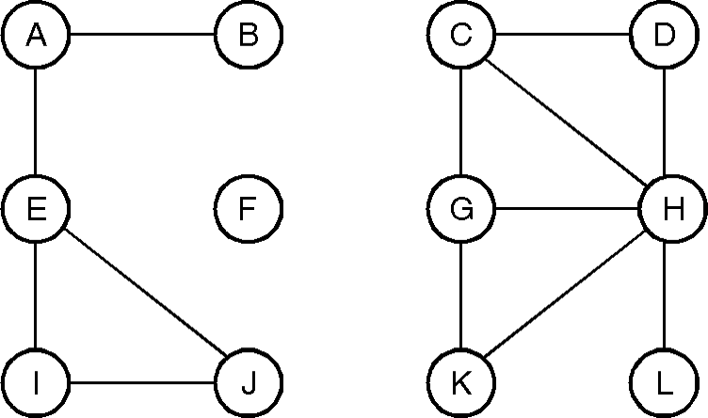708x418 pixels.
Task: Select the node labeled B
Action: [x=249, y=36]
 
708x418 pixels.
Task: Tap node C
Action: [x=460, y=36]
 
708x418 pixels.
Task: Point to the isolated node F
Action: [x=249, y=209]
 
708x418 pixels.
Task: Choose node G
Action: [x=460, y=209]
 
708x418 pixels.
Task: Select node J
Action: [x=249, y=383]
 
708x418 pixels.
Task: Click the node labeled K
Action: [x=460, y=383]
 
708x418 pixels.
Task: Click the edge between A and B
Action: [x=142, y=36]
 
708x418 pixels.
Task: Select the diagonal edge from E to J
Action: [x=142, y=296]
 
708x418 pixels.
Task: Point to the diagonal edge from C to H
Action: [x=566, y=122]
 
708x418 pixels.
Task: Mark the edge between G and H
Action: [x=566, y=209]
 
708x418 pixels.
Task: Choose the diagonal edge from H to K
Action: [x=566, y=297]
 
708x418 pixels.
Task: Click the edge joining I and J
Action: [x=142, y=383]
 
